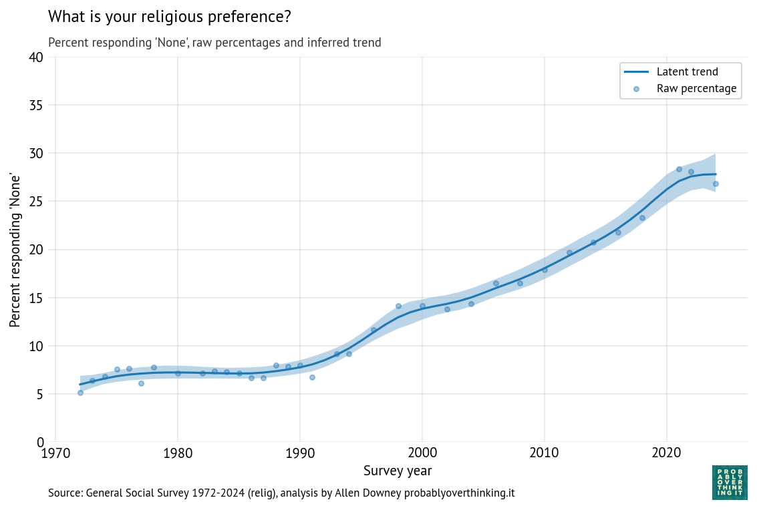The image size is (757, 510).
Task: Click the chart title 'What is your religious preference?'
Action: pyautogui.click(x=170, y=16)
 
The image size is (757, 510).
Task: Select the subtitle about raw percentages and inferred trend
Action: pyautogui.click(x=214, y=43)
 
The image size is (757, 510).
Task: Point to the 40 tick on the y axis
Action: pyautogui.click(x=36, y=57)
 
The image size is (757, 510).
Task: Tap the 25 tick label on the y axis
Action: pyautogui.click(x=36, y=202)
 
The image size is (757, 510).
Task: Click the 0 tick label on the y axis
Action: pyautogui.click(x=40, y=442)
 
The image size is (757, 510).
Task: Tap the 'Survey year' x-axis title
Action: pyautogui.click(x=398, y=471)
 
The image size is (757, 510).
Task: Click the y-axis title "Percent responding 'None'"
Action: pyautogui.click(x=15, y=250)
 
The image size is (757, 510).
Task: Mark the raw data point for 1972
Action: pyautogui.click(x=80, y=393)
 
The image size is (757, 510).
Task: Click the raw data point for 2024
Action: pyautogui.click(x=716, y=184)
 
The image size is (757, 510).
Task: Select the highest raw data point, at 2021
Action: pyautogui.click(x=679, y=169)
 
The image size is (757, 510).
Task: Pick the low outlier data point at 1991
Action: pyautogui.click(x=312, y=377)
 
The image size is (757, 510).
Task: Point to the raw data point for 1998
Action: pyautogui.click(x=398, y=306)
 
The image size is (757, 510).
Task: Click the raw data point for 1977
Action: pyautogui.click(x=141, y=383)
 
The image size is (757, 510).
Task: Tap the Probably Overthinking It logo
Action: pyautogui.click(x=730, y=483)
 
